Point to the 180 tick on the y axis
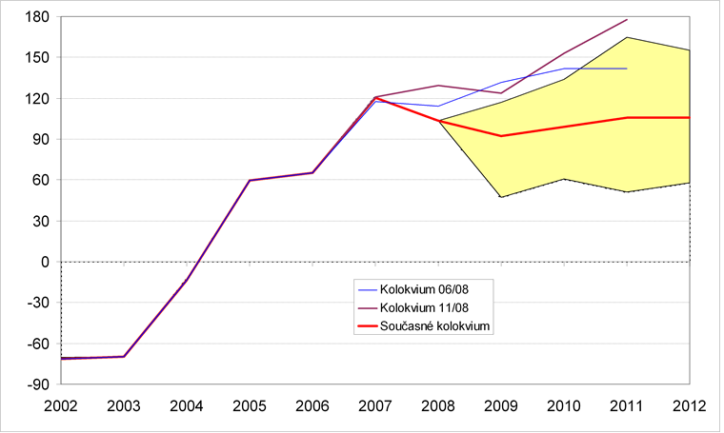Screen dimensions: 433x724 37,16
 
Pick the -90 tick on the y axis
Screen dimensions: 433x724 38,384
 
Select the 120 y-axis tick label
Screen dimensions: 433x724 37,98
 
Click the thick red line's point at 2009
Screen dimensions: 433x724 501,136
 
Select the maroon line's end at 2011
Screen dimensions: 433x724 627,19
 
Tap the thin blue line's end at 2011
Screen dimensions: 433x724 627,69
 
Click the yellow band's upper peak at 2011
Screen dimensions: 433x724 627,37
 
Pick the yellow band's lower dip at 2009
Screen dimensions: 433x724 501,197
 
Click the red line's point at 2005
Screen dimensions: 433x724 250,180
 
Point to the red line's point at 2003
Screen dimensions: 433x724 124,357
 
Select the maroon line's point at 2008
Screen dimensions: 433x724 438,86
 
